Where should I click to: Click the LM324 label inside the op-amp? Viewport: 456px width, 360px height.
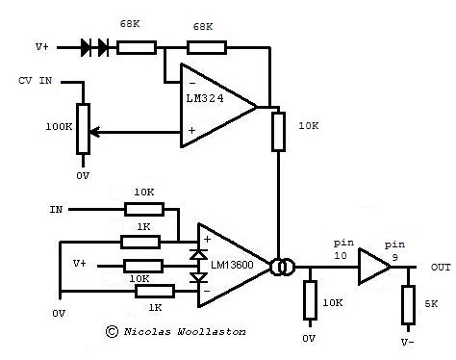(205, 99)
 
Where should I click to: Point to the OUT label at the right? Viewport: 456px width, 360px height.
(441, 268)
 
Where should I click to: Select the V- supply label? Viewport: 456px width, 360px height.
(409, 340)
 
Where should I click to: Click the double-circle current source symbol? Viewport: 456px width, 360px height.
(282, 267)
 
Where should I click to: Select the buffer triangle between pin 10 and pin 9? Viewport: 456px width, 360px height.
(370, 267)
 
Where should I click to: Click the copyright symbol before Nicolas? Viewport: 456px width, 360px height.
(113, 331)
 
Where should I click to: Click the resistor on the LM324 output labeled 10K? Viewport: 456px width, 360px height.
(280, 131)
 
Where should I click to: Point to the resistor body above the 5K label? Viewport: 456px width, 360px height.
(408, 299)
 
